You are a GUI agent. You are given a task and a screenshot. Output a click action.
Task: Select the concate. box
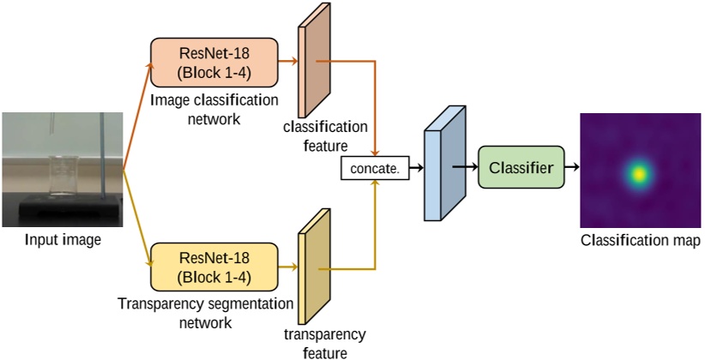point(375,169)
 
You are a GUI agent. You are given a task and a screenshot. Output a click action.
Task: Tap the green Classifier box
point(521,167)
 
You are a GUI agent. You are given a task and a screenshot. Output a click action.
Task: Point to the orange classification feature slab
point(314,66)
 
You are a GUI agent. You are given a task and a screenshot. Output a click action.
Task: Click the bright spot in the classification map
point(638,172)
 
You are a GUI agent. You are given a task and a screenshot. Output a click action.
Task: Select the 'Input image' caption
point(62,240)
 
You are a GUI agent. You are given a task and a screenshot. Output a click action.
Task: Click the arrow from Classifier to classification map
point(573,168)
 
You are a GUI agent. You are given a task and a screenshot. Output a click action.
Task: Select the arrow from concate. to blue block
point(415,169)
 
